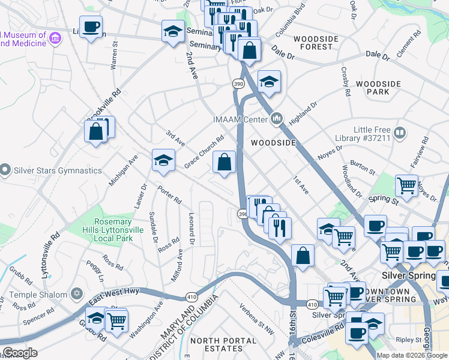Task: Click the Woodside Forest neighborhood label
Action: pyautogui.click(x=313, y=43)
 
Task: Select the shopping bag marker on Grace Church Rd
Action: pyautogui.click(x=224, y=162)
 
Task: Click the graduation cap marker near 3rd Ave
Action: pyautogui.click(x=163, y=160)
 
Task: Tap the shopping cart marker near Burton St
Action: pyautogui.click(x=407, y=185)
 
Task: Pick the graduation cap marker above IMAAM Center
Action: pyautogui.click(x=269, y=82)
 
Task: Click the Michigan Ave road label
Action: pyautogui.click(x=124, y=170)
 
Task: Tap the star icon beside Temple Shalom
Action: pyautogui.click(x=76, y=294)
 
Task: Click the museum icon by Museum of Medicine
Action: pyautogui.click(x=55, y=39)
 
